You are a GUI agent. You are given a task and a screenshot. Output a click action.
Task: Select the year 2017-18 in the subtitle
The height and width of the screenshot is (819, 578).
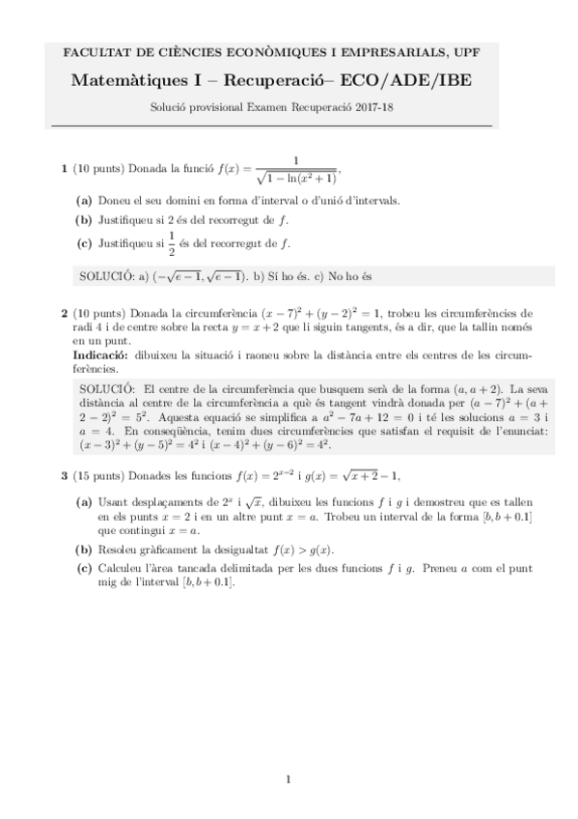[377, 108]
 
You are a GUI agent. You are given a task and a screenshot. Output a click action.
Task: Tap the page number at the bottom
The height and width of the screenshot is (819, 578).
[289, 778]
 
